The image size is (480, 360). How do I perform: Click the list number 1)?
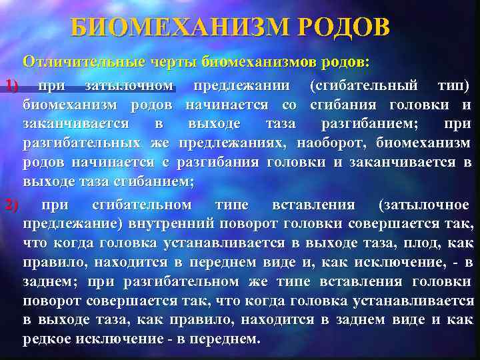[x=11, y=85]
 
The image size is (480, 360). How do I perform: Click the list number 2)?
[x=11, y=203]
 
